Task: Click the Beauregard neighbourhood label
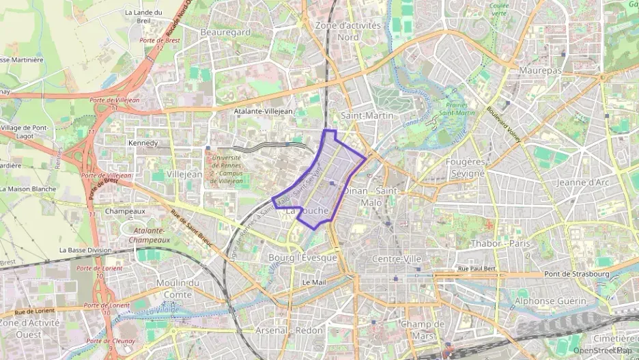tap(225, 32)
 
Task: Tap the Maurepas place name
tap(539, 70)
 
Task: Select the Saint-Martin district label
tap(367, 115)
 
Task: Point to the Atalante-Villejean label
tap(263, 111)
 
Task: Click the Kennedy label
tap(143, 143)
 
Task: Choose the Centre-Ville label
tap(397, 259)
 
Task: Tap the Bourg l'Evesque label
tap(303, 258)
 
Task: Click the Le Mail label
tap(312, 281)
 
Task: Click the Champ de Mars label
tap(423, 329)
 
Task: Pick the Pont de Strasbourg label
tap(576, 274)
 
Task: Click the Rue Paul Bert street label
tap(476, 268)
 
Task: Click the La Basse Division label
tap(85, 250)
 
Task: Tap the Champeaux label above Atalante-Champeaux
tap(125, 212)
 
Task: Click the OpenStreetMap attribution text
tap(601, 350)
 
